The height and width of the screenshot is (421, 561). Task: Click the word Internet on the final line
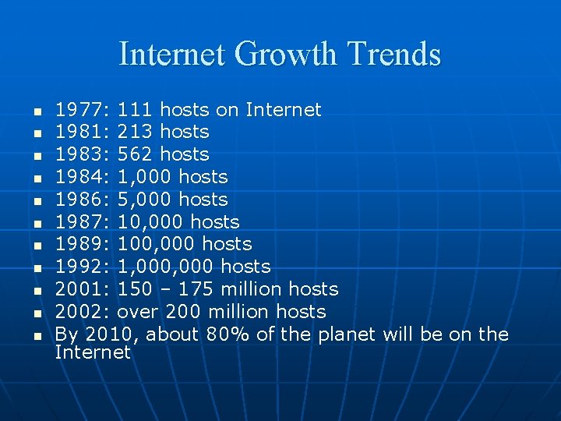[93, 352]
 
